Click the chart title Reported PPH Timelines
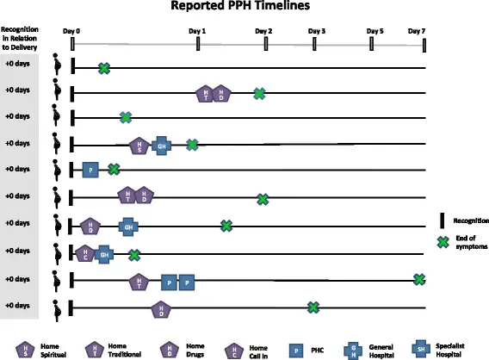(244, 7)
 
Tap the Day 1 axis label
(197, 30)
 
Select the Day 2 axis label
(263, 30)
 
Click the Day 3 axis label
(318, 30)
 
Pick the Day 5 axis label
(375, 30)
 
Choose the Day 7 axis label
(417, 30)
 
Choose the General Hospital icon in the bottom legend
(354, 348)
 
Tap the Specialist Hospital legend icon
(420, 348)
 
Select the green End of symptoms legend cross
(443, 242)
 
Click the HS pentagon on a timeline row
(138, 146)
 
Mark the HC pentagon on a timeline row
(85, 253)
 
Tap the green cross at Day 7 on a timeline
(419, 279)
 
